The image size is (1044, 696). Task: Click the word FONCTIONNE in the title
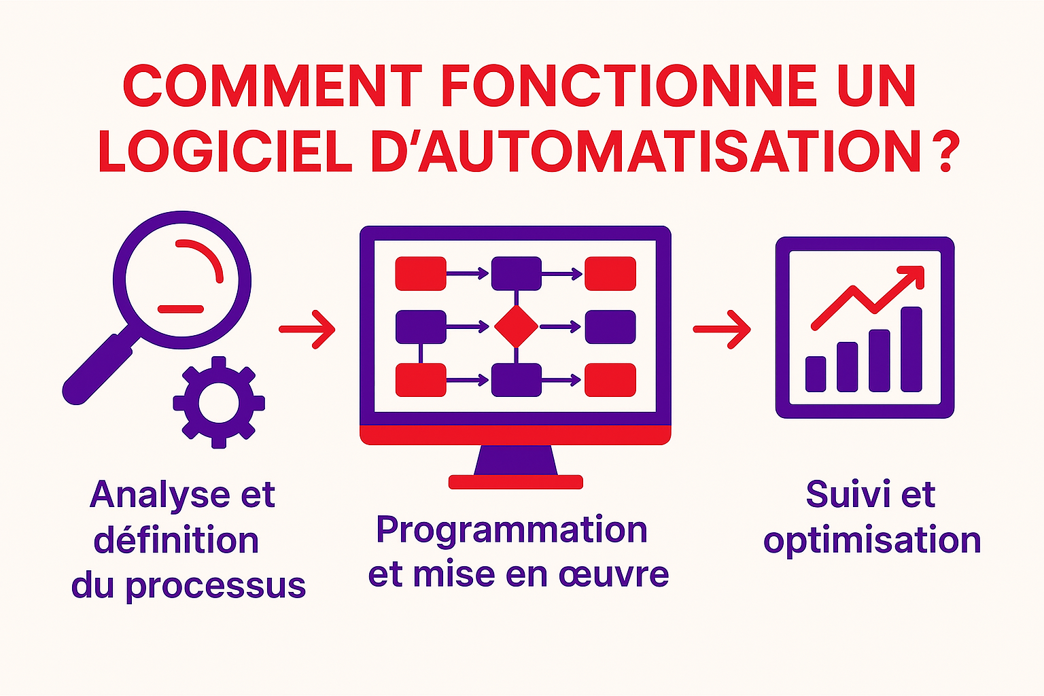point(629,87)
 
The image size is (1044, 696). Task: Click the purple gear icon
point(218,402)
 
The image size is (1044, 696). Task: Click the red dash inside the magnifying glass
point(181,309)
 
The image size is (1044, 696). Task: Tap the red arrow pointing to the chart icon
point(722,329)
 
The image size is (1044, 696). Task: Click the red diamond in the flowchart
point(516,327)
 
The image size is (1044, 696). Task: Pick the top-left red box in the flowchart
point(421,273)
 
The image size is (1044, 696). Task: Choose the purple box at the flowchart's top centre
point(516,273)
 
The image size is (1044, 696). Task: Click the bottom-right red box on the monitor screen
point(610,380)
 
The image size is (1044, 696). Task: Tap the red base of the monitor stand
point(516,482)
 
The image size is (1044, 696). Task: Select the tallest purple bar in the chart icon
point(911,349)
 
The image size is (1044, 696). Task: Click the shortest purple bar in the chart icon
point(816,374)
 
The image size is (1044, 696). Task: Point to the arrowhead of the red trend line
point(914,275)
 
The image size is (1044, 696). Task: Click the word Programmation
point(511,530)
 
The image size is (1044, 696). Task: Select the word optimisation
point(872,541)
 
